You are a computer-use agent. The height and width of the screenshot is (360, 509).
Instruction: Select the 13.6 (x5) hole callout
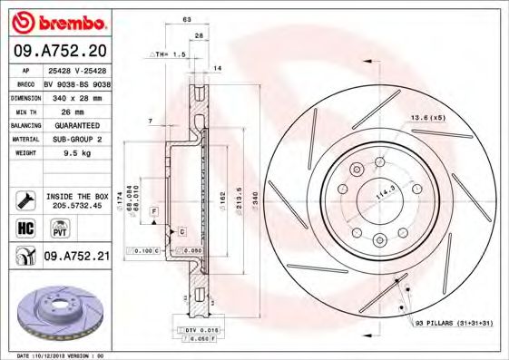(428, 118)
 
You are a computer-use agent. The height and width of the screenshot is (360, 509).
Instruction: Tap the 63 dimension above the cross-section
(186, 18)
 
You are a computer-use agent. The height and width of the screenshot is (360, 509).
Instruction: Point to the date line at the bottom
(68, 355)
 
